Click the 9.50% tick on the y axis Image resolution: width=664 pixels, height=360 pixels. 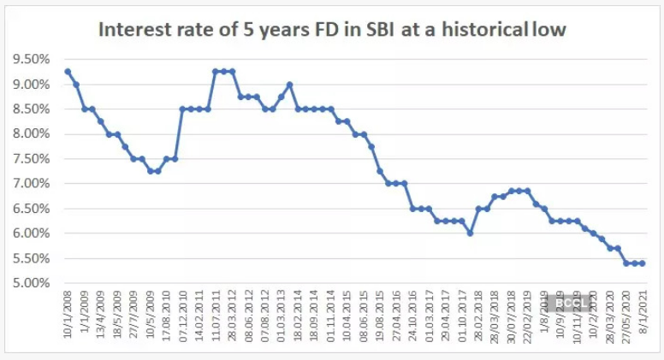tap(31, 59)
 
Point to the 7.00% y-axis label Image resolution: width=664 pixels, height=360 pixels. tap(31, 184)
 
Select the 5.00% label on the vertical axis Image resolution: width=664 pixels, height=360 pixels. tap(31, 283)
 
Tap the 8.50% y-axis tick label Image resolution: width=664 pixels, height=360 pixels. tap(31, 109)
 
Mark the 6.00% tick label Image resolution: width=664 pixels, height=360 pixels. tap(31, 233)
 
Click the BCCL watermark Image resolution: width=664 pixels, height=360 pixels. tap(569, 302)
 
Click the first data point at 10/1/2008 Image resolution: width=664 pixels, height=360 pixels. tap(67, 71)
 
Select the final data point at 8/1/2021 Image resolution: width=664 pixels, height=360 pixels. tap(642, 263)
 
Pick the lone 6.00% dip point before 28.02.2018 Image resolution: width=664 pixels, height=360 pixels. tap(470, 233)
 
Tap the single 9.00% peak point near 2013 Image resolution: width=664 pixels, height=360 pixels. tap(290, 84)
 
